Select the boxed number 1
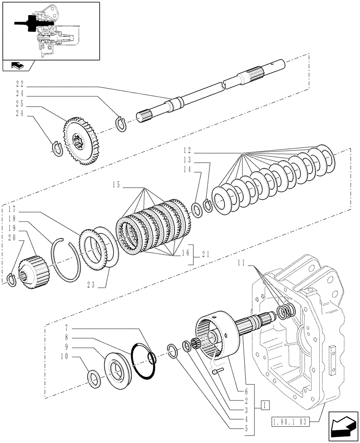tap(265, 404)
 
